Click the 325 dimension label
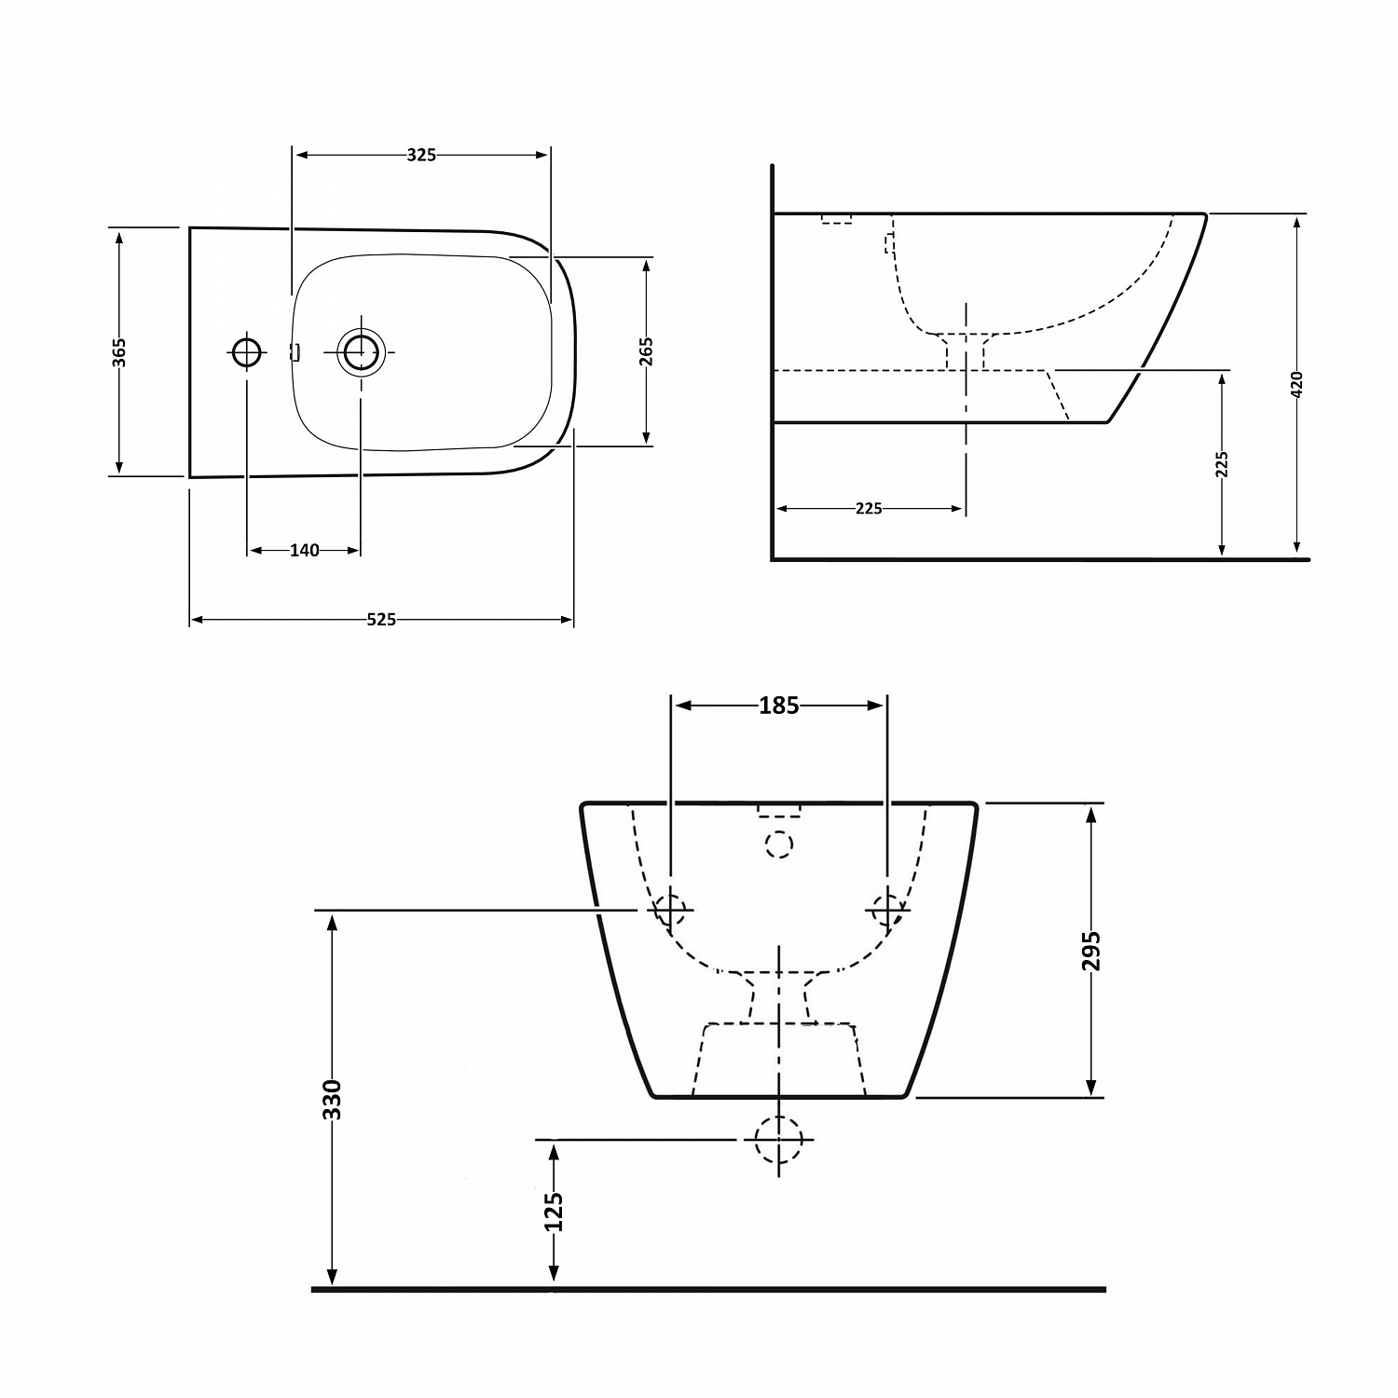pos(421,156)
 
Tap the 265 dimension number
pos(646,351)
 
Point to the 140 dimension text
pos(304,551)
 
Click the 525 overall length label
pos(381,620)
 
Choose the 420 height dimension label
pos(1296,384)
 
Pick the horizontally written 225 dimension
pos(868,509)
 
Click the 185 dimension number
pos(778,706)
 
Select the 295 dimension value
pos(1091,951)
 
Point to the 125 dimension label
pos(554,1212)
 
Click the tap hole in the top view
pos(247,351)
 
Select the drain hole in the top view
pos(361,351)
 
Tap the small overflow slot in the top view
pos(295,352)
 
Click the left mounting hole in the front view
pos(670,909)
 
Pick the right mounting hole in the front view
pos(886,909)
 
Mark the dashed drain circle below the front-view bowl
pos(778,1139)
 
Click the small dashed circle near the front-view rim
pos(778,844)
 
